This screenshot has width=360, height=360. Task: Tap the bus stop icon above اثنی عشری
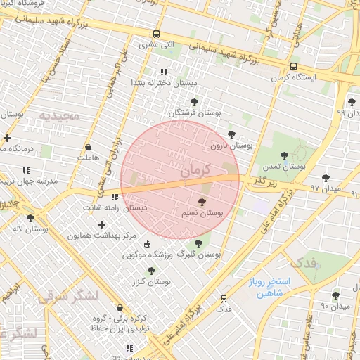[155, 34]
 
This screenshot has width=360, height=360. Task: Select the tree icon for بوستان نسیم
[202, 202]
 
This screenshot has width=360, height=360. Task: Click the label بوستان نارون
[231, 146]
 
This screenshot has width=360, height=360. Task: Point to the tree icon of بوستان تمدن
[284, 155]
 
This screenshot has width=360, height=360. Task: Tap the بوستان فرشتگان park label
[195, 112]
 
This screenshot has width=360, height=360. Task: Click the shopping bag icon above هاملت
[89, 148]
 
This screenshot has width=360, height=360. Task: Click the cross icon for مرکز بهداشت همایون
[102, 225]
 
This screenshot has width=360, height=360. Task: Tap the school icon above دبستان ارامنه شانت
[114, 196]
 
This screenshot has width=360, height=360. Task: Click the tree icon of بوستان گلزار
[151, 271]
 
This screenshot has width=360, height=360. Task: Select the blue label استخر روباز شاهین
[275, 287]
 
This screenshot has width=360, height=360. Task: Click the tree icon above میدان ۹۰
[335, 295]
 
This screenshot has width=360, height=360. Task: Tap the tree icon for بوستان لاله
[30, 218]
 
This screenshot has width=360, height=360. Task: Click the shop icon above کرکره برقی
[120, 307]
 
